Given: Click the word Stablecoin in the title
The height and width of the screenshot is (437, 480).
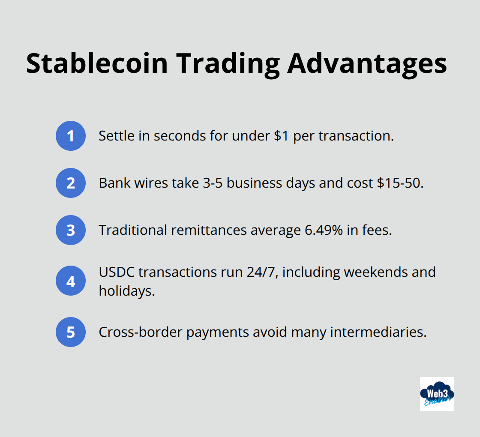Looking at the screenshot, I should [x=97, y=63].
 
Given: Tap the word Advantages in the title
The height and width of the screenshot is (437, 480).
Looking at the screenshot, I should [x=367, y=63].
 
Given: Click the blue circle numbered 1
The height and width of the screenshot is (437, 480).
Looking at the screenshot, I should [x=71, y=136].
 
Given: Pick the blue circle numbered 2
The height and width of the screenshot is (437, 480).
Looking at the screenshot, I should [x=71, y=183].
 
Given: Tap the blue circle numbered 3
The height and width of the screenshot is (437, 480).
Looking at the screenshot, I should [x=71, y=230].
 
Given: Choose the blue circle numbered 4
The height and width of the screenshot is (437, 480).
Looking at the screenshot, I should [x=71, y=281].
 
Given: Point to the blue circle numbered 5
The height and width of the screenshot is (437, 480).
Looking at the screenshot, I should [x=71, y=332].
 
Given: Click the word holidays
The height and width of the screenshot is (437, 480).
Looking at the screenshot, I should [x=126, y=291].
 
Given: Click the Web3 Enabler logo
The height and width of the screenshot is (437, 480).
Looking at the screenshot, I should [x=437, y=394].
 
